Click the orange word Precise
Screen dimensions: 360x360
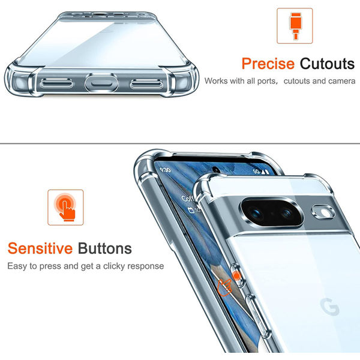[x=268, y=64]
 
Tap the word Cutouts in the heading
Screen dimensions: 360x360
[x=327, y=64]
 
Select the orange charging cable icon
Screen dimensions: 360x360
[x=295, y=25]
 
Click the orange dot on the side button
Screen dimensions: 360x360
[x=236, y=276]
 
